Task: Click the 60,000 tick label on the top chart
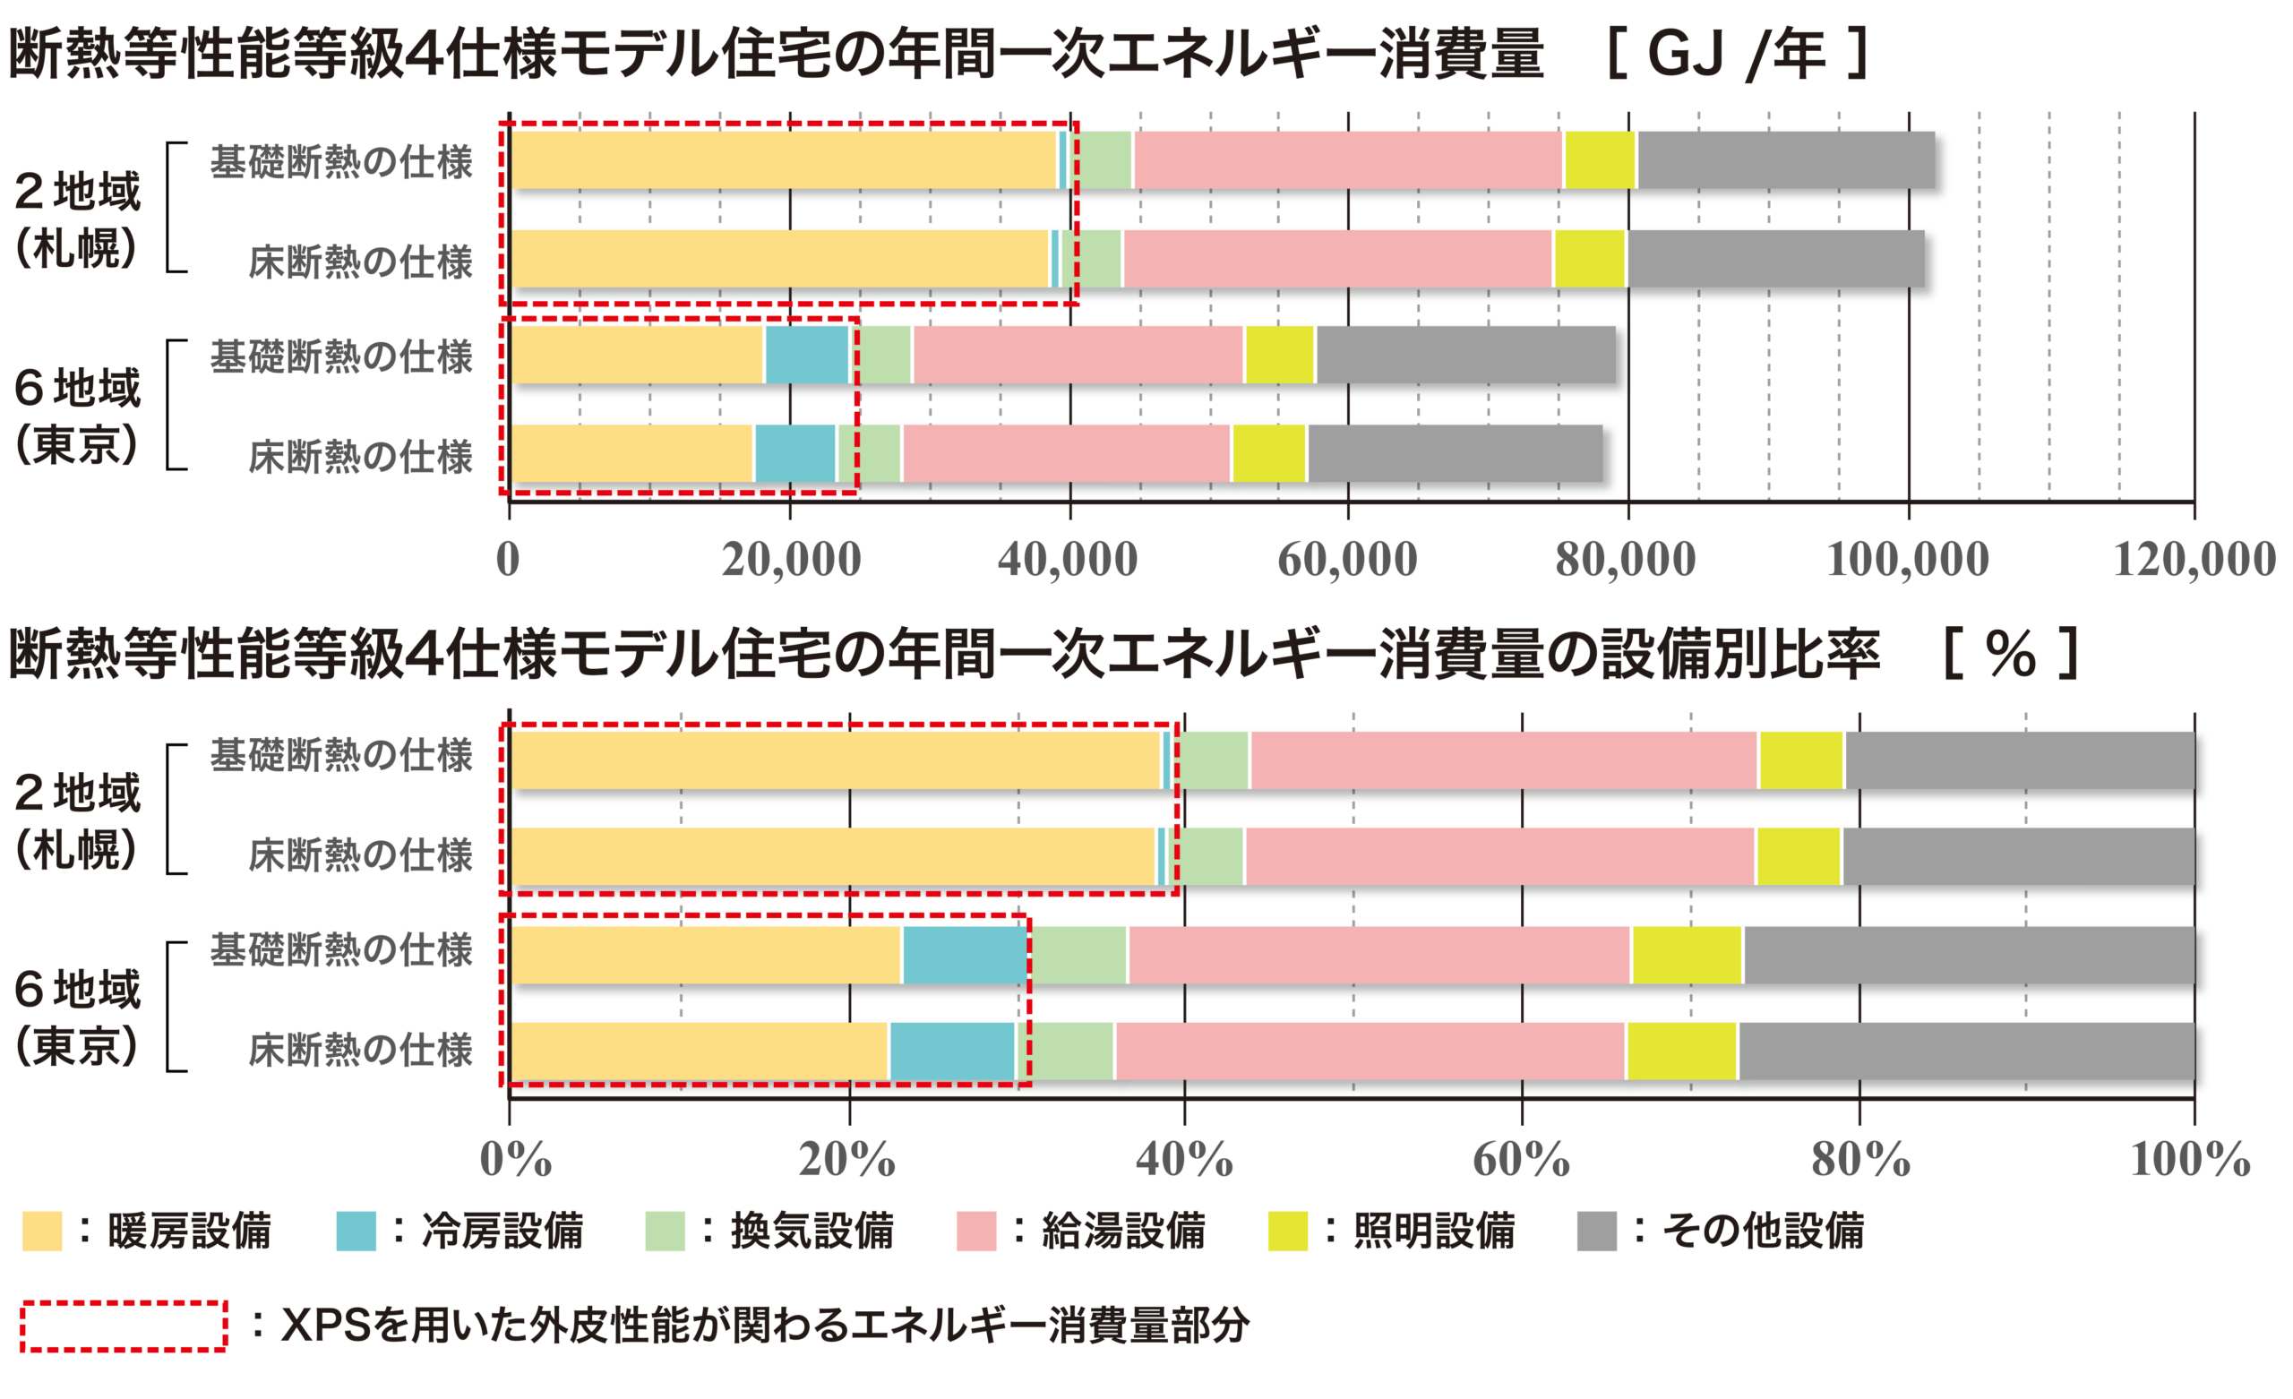coord(1347,560)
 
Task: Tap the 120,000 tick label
coord(2193,560)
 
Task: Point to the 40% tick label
coord(1184,1159)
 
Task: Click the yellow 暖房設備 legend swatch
coord(42,1231)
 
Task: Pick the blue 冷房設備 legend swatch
coord(356,1231)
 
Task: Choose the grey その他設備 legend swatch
coord(1597,1231)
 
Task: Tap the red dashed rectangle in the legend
coord(124,1326)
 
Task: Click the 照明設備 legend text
coord(1433,1231)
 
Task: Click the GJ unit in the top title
coord(1687,54)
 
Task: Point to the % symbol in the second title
coord(2010,655)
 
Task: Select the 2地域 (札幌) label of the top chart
coord(78,219)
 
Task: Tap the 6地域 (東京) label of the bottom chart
coord(78,1017)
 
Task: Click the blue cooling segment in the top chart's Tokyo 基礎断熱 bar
coord(806,355)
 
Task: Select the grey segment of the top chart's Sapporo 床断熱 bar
coord(1775,259)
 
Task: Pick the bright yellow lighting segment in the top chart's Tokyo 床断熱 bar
coord(1268,453)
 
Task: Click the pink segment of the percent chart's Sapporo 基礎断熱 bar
coord(1503,760)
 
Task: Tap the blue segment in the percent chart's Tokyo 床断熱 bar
coord(951,1051)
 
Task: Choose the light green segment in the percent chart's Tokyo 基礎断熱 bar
coord(1078,955)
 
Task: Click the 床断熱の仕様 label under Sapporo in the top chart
coord(360,262)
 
